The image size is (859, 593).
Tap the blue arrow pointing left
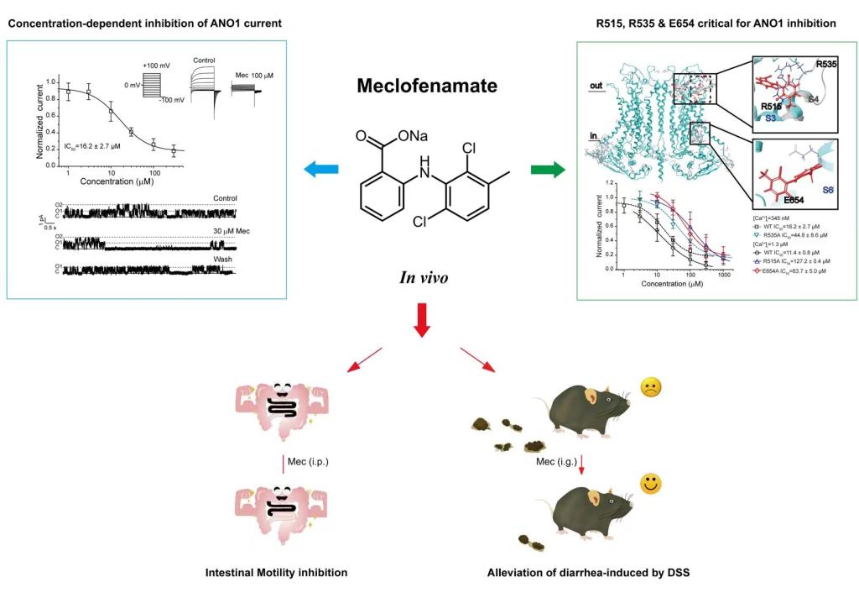[x=320, y=170]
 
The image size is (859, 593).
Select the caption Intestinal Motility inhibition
[x=276, y=573]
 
